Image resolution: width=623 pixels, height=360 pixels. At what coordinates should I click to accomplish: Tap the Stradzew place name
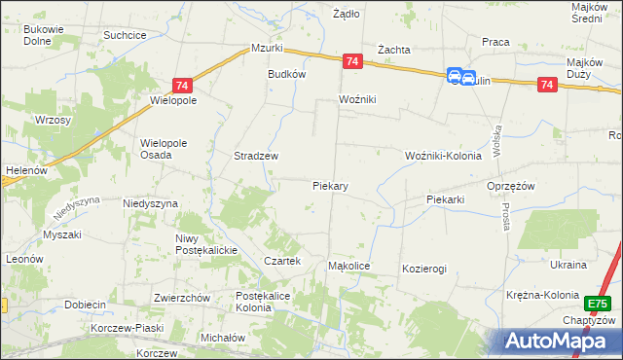[256, 156]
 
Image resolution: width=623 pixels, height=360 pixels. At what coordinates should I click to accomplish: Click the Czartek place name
[282, 261]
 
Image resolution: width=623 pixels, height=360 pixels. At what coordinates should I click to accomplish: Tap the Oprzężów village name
[511, 185]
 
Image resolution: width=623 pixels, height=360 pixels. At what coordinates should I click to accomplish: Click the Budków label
[287, 74]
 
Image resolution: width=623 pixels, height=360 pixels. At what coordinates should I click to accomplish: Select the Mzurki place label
[266, 48]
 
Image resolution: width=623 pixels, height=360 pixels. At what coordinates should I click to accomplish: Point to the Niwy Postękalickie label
[206, 244]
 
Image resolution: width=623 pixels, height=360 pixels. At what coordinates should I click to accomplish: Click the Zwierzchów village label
[182, 298]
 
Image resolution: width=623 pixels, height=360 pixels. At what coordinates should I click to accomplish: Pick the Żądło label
[346, 14]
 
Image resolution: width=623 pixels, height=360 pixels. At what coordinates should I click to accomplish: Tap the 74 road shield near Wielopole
[182, 86]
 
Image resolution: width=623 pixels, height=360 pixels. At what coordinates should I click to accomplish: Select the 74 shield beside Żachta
[352, 61]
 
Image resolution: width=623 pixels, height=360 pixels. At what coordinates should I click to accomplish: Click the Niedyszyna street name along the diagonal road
[77, 207]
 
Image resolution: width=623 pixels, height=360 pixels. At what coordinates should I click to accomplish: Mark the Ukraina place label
[568, 265]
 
